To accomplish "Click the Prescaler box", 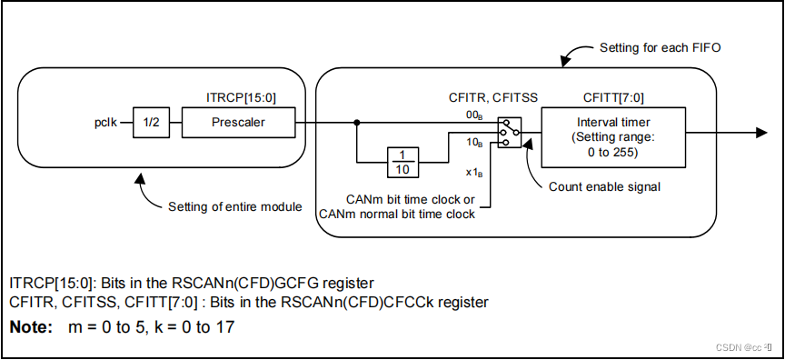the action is pyautogui.click(x=238, y=122).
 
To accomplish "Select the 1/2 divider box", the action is pyautogui.click(x=151, y=122).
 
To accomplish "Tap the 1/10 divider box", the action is pyautogui.click(x=403, y=162).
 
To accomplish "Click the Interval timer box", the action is pyautogui.click(x=613, y=136).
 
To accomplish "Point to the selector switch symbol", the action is pyautogui.click(x=509, y=133).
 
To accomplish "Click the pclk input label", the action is pyautogui.click(x=105, y=122).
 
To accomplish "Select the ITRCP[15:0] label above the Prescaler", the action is pyautogui.click(x=241, y=97).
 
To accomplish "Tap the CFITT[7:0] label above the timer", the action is pyautogui.click(x=614, y=97).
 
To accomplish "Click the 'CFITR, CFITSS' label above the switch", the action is pyautogui.click(x=494, y=97).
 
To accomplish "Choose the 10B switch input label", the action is pyautogui.click(x=474, y=144).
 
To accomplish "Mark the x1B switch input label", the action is pyautogui.click(x=475, y=173).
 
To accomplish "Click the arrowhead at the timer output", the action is pyautogui.click(x=761, y=133).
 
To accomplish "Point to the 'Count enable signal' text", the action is pyautogui.click(x=605, y=186).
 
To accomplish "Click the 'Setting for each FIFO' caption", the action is pyautogui.click(x=661, y=48).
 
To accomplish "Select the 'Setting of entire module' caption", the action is pyautogui.click(x=234, y=206).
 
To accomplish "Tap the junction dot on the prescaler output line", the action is pyautogui.click(x=356, y=122).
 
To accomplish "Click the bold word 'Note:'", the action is pyautogui.click(x=31, y=327).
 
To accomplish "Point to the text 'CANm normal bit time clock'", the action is pyautogui.click(x=397, y=215).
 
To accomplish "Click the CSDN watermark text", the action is pyautogui.click(x=743, y=347).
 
